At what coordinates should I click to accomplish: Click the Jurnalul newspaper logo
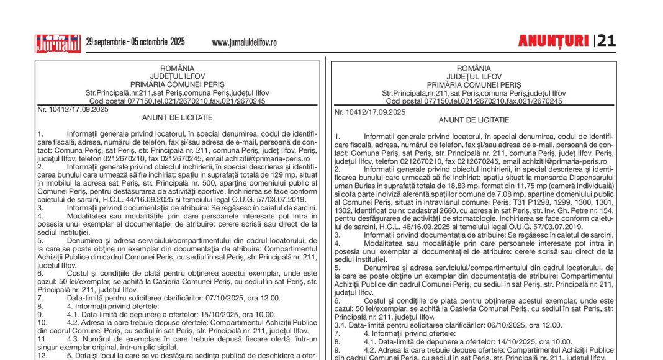[x=57, y=43]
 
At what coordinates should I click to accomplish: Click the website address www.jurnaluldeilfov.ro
[x=244, y=42]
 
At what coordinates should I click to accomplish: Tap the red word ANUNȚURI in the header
[x=553, y=41]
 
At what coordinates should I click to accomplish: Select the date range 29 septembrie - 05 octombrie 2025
[x=135, y=42]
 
